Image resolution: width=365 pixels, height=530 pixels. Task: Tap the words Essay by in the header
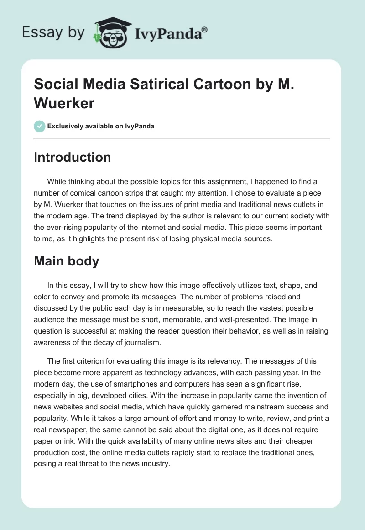click(x=53, y=32)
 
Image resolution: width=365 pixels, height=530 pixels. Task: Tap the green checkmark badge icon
click(x=40, y=126)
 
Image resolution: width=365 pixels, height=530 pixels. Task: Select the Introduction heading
click(x=73, y=157)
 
